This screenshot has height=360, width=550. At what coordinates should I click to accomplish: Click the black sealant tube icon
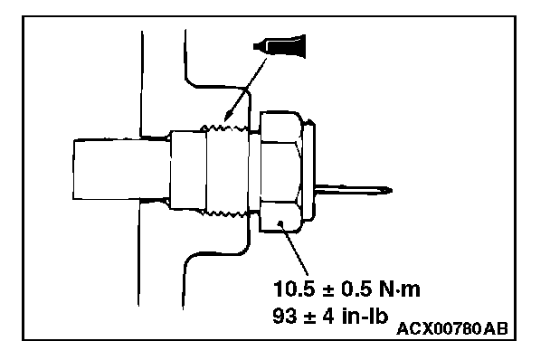tap(280, 45)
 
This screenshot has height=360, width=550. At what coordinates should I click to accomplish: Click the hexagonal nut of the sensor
tap(280, 172)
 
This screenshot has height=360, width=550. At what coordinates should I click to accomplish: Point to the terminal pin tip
tap(392, 191)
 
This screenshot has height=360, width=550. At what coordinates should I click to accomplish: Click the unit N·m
tap(400, 289)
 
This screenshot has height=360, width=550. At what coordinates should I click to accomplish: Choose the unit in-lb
tap(365, 316)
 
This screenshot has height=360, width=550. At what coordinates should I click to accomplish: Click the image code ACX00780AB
tap(452, 328)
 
